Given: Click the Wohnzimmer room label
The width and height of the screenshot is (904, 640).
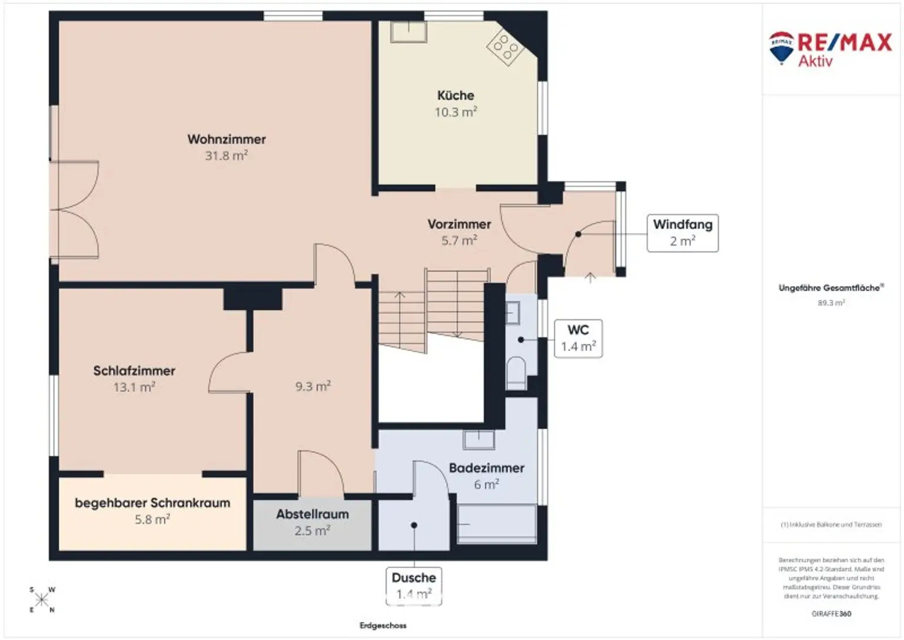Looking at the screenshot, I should (227, 140).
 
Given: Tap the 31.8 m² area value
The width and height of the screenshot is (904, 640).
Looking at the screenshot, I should (227, 156).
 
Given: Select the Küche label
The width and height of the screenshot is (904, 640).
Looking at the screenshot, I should (456, 95).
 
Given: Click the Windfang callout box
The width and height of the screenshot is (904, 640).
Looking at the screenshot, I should (682, 233).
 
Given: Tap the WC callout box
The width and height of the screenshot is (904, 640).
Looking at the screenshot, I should (578, 339).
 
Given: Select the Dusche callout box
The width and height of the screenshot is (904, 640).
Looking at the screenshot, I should (414, 586).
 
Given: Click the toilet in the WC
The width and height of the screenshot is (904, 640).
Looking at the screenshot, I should (516, 372).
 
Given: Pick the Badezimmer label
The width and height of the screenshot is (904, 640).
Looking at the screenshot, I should (486, 468).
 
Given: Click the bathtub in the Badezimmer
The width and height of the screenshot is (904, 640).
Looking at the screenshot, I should (497, 523).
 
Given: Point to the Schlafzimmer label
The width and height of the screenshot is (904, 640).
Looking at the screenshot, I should (134, 371).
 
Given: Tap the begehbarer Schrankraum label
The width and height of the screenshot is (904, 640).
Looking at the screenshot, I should (152, 503).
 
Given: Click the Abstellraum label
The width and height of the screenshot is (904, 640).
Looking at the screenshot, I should (313, 514).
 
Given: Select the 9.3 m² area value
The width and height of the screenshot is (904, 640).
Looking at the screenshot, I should (313, 387).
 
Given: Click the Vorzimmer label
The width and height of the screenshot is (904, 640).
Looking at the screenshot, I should (459, 224).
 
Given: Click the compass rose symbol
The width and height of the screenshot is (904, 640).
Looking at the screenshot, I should (42, 600).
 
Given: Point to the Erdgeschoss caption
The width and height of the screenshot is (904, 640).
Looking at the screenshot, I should (383, 625).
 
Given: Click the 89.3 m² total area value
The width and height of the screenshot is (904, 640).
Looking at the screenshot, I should (831, 303).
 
